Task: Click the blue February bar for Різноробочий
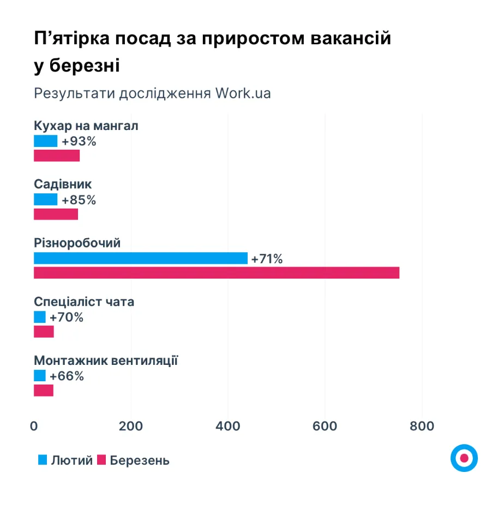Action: coord(140,258)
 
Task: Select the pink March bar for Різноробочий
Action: coord(217,273)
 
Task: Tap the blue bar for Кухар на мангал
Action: coord(45,141)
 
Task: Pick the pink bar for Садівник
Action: coord(56,214)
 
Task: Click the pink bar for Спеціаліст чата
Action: coord(44,332)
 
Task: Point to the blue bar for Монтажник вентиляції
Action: coord(40,376)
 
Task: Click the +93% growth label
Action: coord(79,141)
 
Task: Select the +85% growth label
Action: coord(79,200)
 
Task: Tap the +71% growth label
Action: coord(267,259)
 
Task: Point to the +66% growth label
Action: coord(67,376)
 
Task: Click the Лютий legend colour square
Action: coord(43,460)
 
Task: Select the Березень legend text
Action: coord(140,460)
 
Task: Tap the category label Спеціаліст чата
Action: coord(84,302)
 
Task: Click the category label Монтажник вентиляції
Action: coord(106,361)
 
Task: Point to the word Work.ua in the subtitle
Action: coord(243,93)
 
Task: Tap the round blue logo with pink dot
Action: coord(464,458)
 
